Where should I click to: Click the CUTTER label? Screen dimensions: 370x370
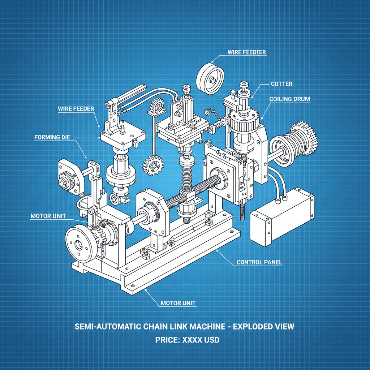pos(281,84)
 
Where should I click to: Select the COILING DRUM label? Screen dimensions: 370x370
pos(289,99)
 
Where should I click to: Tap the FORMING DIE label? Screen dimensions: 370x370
pos(52,137)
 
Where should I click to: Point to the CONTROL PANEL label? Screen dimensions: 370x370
pos(259,262)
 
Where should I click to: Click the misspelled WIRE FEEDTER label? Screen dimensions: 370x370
pos(247,52)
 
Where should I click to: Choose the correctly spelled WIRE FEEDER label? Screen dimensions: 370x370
pos(76,109)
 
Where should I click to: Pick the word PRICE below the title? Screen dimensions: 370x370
pos(167,340)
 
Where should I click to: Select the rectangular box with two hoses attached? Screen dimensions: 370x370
pos(282,217)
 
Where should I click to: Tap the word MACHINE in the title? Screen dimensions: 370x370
pos(205,327)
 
